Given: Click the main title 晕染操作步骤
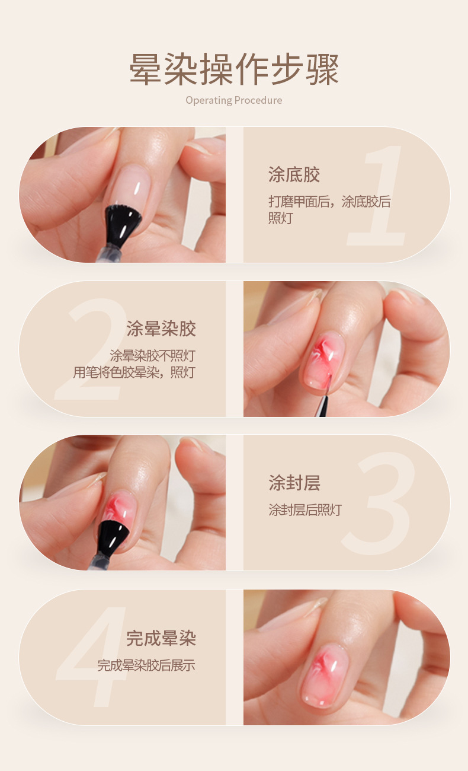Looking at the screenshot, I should pos(234,70).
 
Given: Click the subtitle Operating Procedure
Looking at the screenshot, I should pos(234,100).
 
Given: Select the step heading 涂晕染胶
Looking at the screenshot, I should pos(161,329).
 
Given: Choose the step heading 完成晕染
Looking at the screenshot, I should pos(161,639).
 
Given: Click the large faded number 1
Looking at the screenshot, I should pos(379,196).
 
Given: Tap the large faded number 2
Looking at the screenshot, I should pos(92,350).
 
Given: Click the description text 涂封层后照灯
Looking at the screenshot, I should pos(305,510).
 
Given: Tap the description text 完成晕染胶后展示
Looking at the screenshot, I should pos(146,665).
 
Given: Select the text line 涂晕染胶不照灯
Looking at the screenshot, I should pos(152,356).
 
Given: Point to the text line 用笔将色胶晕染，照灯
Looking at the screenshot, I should pos(134,372).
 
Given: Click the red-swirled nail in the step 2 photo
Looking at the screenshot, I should pos(323,359).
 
